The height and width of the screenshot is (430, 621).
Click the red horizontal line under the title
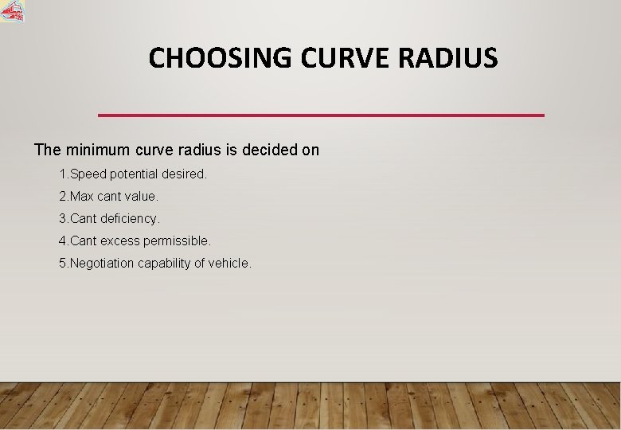click(321, 115)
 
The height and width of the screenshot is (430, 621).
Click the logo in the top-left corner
click(13, 11)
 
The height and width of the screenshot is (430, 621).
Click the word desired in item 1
click(185, 174)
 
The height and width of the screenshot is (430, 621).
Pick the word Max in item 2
click(82, 196)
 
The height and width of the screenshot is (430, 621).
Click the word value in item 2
click(141, 196)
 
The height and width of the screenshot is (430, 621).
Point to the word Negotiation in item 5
click(103, 263)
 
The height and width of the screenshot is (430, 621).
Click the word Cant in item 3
click(84, 218)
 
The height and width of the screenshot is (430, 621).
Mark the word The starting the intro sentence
click(47, 150)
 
